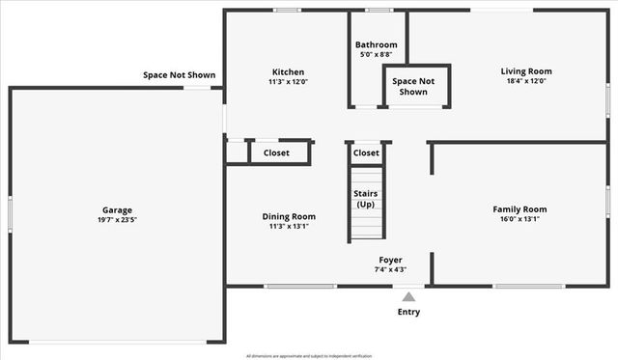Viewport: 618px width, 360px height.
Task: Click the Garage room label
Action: pyautogui.click(x=118, y=209)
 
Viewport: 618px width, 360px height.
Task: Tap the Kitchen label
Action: pyautogui.click(x=288, y=72)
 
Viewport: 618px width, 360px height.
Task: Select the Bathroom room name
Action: pyautogui.click(x=376, y=44)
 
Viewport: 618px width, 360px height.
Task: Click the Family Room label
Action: pyautogui.click(x=520, y=209)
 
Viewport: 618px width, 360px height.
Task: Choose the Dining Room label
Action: pyautogui.click(x=289, y=216)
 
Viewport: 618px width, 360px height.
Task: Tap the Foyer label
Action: pyautogui.click(x=390, y=260)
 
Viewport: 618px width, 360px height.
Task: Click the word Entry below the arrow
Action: pyautogui.click(x=409, y=312)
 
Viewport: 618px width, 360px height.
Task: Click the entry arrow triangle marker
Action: pyautogui.click(x=409, y=296)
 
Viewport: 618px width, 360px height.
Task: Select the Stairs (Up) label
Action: pyautogui.click(x=365, y=199)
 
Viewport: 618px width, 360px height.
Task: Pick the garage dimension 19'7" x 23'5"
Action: pyautogui.click(x=118, y=220)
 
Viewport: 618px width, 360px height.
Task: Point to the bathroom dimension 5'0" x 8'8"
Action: pyautogui.click(x=376, y=55)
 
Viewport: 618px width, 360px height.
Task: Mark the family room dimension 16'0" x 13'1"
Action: pyautogui.click(x=520, y=219)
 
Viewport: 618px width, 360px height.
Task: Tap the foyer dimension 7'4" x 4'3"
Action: pyautogui.click(x=390, y=269)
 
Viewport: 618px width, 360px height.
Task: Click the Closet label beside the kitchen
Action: pyautogui.click(x=276, y=152)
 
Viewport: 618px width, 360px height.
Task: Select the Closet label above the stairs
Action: pyautogui.click(x=366, y=152)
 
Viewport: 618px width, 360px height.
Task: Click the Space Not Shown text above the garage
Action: pyautogui.click(x=179, y=74)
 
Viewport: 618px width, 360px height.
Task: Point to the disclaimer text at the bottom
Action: pyautogui.click(x=308, y=355)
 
